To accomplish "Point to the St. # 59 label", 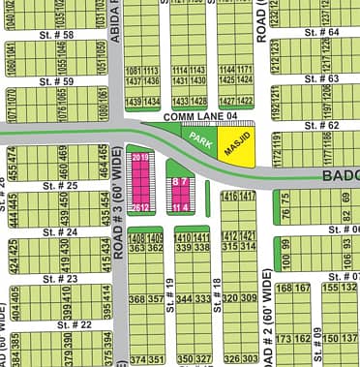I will coord(58,81).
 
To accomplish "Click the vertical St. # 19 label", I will coord(169,286).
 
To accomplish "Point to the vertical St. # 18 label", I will coord(218,286).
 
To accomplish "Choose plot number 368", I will coord(135,299).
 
